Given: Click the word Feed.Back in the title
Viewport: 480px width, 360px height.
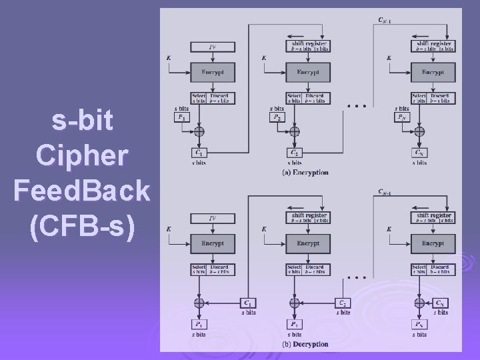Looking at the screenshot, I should [x=81, y=191].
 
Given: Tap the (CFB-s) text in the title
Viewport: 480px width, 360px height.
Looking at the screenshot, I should [x=81, y=227].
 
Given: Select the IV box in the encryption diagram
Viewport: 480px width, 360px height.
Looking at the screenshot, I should [x=211, y=47].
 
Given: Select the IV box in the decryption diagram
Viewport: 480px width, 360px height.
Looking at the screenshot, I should [x=211, y=218].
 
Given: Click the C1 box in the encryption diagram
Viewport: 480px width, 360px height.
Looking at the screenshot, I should [x=199, y=153].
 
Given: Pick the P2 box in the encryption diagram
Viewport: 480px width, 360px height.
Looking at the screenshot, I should [x=277, y=117].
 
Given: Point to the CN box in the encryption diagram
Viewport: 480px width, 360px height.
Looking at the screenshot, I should [x=419, y=153].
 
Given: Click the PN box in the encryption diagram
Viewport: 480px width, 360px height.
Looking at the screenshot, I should [x=401, y=117].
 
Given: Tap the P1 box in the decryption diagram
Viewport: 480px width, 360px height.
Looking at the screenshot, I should [x=199, y=325].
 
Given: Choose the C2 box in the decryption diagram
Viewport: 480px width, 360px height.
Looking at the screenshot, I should [x=343, y=303].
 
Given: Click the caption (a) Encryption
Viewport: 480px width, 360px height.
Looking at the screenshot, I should [x=306, y=173].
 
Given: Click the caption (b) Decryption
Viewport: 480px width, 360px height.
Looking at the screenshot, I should [x=306, y=345].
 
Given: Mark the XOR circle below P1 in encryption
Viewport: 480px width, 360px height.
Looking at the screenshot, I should [x=199, y=131].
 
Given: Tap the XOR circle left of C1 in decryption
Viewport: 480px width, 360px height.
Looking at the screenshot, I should [x=199, y=303].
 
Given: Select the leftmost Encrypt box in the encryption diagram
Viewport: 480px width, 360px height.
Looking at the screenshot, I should [x=211, y=72].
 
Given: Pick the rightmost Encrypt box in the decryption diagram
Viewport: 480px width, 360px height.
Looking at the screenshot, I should [x=433, y=243].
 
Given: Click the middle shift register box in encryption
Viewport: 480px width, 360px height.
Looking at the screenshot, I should [x=307, y=46].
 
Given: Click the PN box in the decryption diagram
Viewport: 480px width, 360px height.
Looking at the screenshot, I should [x=419, y=325].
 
